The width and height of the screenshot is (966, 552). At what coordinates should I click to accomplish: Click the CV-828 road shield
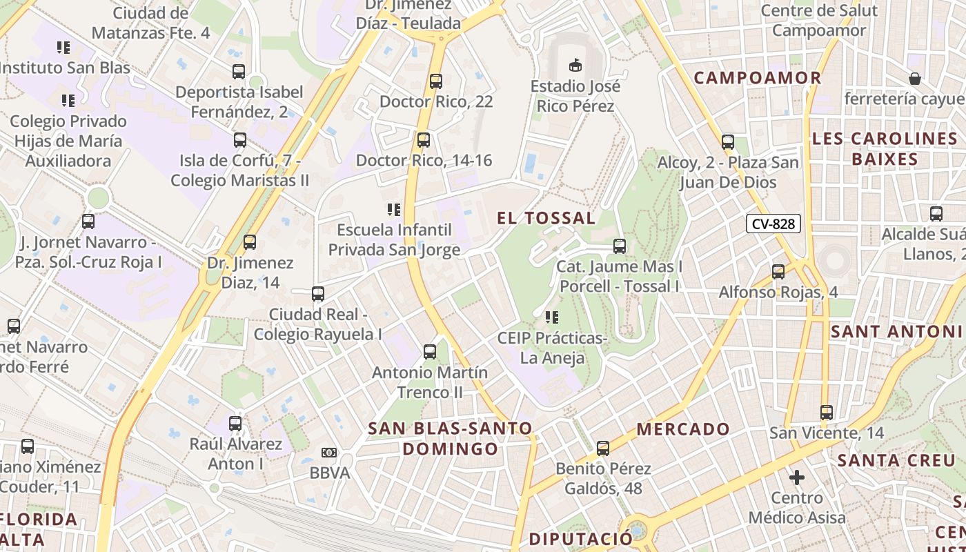tap(773, 224)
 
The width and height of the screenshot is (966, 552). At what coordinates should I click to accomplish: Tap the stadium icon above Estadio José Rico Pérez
tap(574, 66)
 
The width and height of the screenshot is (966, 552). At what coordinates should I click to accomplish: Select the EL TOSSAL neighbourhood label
tap(546, 218)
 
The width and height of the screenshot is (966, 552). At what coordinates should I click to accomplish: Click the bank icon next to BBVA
tap(329, 453)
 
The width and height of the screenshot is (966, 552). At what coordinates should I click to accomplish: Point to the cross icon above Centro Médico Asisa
tap(797, 477)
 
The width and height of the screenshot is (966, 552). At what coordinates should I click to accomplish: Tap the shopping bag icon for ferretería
tap(915, 79)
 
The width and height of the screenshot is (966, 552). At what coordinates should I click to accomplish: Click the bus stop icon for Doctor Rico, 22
tap(436, 81)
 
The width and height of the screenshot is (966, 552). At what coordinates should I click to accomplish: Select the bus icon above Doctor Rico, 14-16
tap(424, 140)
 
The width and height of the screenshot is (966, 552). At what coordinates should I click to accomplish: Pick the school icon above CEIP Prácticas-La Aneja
tap(551, 317)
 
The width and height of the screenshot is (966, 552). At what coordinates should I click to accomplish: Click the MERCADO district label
tap(683, 428)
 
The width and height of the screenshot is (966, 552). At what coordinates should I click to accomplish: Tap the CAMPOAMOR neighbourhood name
tap(758, 77)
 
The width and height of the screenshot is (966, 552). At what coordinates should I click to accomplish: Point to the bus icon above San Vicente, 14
tap(827, 413)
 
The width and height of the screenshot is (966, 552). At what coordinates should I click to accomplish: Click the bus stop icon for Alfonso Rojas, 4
tap(778, 272)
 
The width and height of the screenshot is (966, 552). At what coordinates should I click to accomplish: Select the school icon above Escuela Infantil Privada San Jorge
tap(393, 209)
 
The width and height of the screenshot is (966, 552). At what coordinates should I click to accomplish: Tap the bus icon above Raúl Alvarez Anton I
tap(235, 423)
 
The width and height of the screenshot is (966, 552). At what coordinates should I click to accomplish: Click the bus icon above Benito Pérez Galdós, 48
tap(603, 448)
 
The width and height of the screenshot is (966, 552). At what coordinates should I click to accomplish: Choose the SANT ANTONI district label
tap(897, 331)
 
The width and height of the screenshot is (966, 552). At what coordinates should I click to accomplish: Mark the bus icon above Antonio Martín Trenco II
tap(430, 352)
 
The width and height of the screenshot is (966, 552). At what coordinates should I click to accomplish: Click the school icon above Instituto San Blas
tap(63, 48)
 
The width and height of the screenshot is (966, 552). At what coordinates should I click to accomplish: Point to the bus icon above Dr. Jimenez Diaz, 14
tap(250, 242)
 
